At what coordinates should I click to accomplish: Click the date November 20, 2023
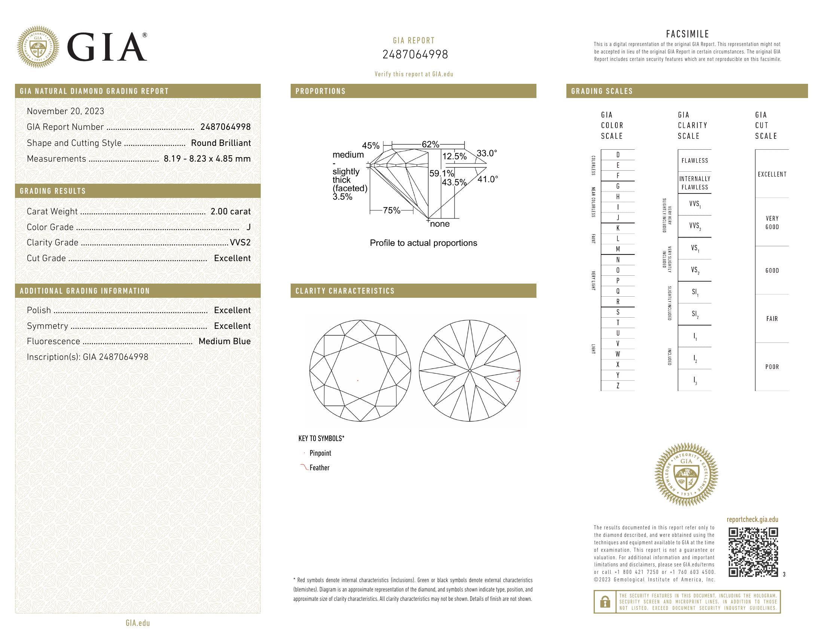[x=65, y=111]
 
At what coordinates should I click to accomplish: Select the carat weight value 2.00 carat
[x=230, y=211]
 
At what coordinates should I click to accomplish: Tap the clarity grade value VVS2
[x=240, y=243]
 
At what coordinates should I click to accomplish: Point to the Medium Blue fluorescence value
[x=224, y=341]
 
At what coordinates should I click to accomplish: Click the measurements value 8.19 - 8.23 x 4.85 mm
[x=207, y=159]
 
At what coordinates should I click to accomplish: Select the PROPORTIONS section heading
[x=320, y=91]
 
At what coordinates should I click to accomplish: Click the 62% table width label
[x=430, y=144]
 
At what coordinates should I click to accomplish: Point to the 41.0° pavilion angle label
[x=487, y=179]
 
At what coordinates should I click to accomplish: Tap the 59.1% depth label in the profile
[x=441, y=174]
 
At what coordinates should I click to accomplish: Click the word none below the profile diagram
[x=440, y=224]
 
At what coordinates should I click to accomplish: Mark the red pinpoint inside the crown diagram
[x=358, y=380]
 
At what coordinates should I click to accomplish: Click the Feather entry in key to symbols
[x=319, y=468]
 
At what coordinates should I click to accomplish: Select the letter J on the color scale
[x=618, y=218]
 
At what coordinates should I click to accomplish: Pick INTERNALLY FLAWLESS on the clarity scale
[x=695, y=183]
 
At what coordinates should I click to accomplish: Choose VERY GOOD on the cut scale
[x=772, y=223]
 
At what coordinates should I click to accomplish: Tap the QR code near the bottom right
[x=753, y=552]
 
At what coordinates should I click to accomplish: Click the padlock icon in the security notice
[x=605, y=602]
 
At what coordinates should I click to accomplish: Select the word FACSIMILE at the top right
[x=687, y=34]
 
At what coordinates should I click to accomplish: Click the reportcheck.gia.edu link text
[x=752, y=520]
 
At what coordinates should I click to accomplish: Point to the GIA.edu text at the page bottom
[x=138, y=623]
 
